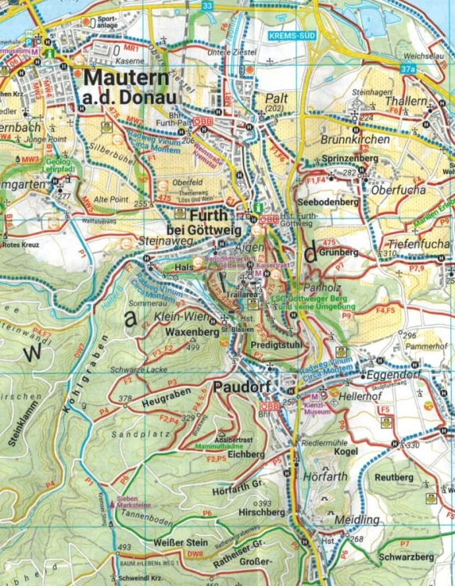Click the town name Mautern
131,78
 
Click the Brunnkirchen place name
356,139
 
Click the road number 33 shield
206,6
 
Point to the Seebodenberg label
328,202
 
